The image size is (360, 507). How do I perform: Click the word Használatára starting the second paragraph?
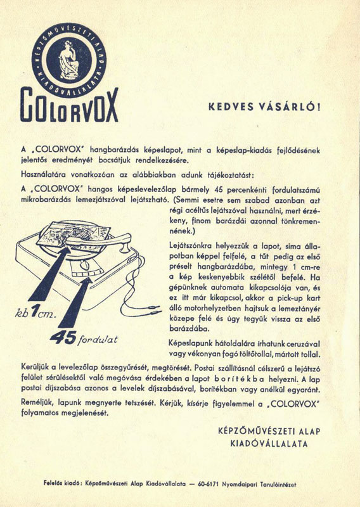coord(46,174)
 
